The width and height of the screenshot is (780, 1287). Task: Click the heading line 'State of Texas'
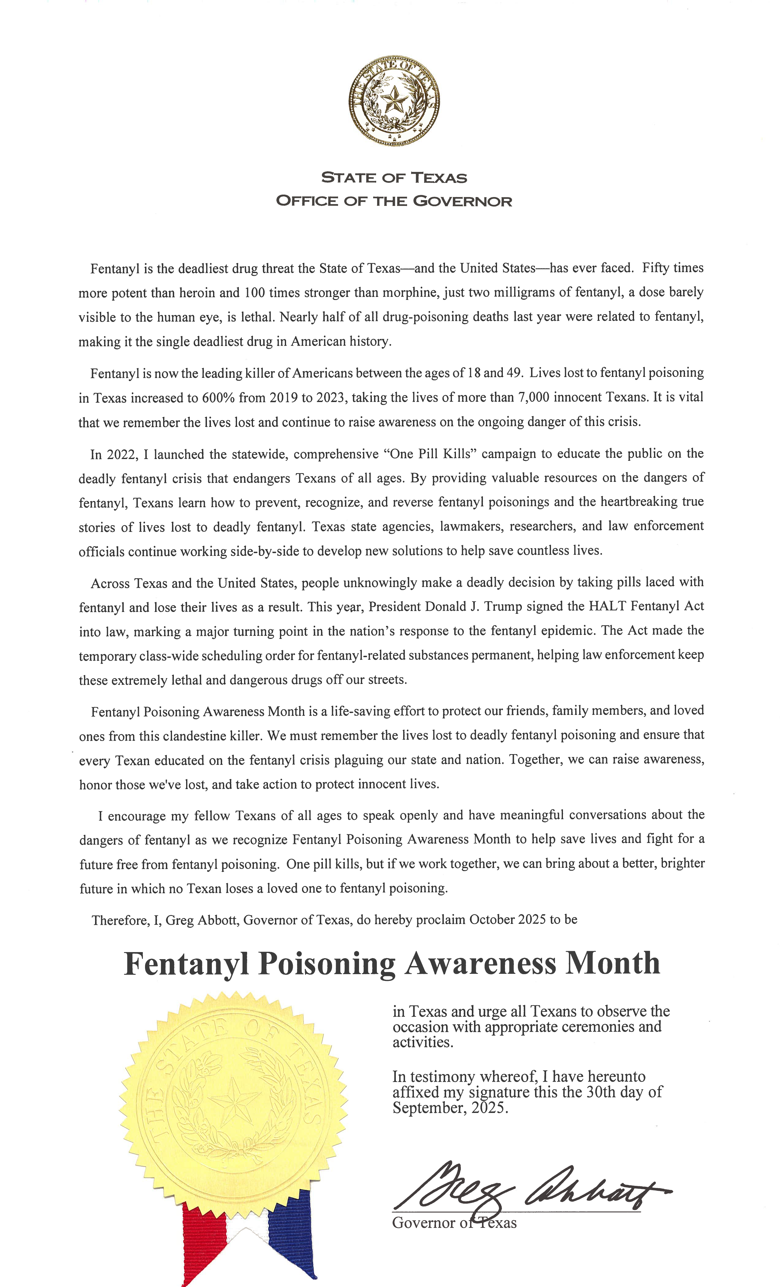(x=394, y=178)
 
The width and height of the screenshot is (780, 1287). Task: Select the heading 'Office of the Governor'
(x=394, y=201)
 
